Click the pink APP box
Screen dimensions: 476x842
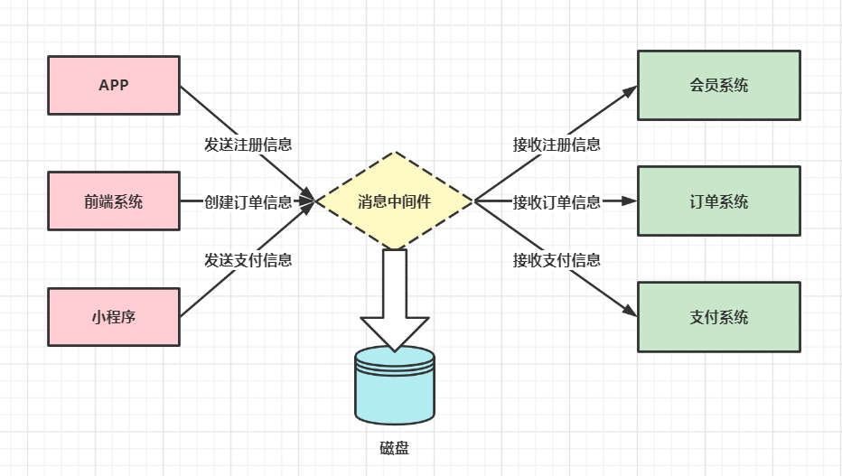click(x=113, y=86)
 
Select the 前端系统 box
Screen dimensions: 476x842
click(x=113, y=201)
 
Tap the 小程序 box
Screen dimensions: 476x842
click(x=113, y=317)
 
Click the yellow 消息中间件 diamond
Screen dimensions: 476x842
click(x=394, y=201)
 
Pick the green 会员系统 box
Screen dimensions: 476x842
click(x=718, y=86)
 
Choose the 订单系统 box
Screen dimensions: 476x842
click(x=718, y=201)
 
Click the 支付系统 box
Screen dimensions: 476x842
click(x=718, y=317)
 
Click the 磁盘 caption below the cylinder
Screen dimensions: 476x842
click(x=394, y=448)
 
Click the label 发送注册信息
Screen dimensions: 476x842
click(x=248, y=144)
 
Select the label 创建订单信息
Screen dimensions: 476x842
click(x=248, y=201)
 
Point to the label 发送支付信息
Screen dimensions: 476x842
click(x=248, y=260)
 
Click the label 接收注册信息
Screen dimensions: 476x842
click(x=557, y=144)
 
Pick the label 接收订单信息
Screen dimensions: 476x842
click(x=557, y=201)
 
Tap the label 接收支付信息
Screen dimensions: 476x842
click(x=557, y=260)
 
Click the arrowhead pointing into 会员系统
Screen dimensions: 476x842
click(x=630, y=91)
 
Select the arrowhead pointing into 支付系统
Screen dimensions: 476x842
click(x=630, y=312)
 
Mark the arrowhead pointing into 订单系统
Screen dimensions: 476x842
click(x=631, y=201)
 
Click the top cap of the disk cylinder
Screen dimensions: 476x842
click(x=394, y=358)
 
